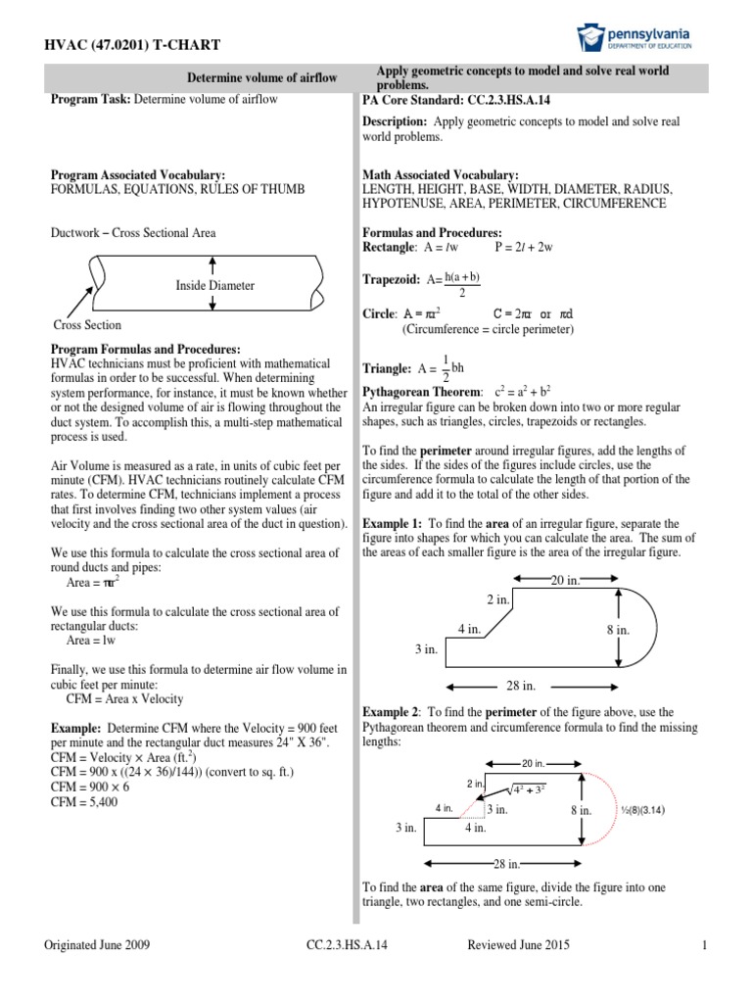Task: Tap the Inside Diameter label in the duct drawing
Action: coord(214,285)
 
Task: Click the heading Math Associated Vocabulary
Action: coord(441,174)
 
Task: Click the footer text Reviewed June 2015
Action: coord(519,944)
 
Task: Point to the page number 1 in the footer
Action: coord(704,944)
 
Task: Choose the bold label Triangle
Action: coord(387,369)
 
